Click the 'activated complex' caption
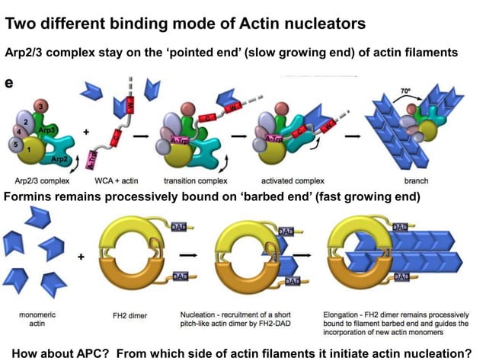click(x=288, y=181)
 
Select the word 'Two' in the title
click(x=25, y=23)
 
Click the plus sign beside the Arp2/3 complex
click(x=85, y=131)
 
